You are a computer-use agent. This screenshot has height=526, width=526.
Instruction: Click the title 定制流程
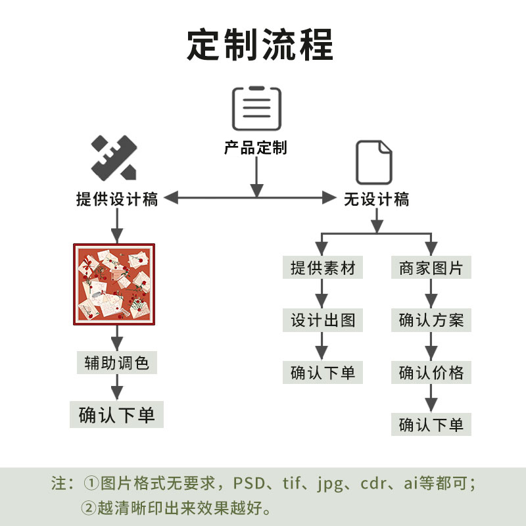point(260,45)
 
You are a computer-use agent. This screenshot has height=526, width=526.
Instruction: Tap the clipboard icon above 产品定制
point(256,108)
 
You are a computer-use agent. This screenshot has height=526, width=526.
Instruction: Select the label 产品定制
point(256,148)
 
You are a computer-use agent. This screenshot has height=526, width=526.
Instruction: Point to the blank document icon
point(374,162)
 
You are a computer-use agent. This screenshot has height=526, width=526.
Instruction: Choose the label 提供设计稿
point(117,199)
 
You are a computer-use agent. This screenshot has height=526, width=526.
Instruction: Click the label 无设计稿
point(376,199)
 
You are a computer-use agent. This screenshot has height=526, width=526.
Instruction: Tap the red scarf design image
point(117,284)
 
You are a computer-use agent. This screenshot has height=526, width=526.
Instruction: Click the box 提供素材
point(323,268)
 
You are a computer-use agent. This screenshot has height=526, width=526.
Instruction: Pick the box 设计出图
point(323,321)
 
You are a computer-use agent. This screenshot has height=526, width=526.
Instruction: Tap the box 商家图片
point(431,268)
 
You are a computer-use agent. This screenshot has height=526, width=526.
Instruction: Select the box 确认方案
point(431,321)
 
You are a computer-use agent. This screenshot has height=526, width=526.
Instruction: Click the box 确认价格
point(431,373)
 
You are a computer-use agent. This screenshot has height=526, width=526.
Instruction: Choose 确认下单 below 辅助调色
point(116,416)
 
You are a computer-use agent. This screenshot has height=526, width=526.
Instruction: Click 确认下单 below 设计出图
point(323,373)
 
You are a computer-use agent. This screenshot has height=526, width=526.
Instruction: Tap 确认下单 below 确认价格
point(431,425)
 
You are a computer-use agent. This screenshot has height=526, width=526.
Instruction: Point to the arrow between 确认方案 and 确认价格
point(431,347)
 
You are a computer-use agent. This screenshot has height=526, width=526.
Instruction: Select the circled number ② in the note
point(89,508)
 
